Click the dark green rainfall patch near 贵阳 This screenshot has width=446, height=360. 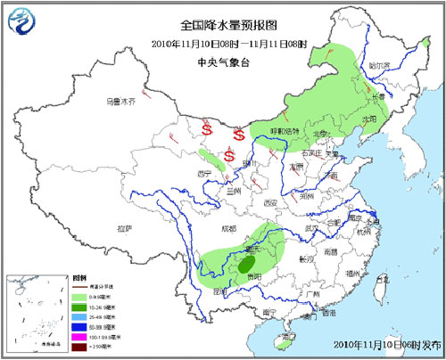pos(244,264)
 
